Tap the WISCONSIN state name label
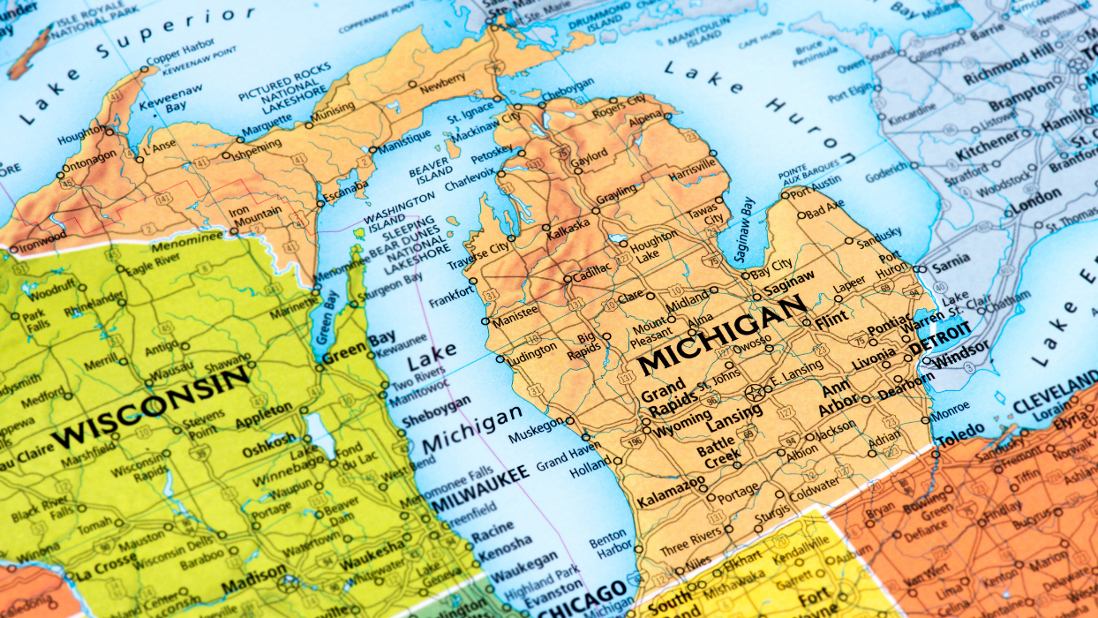pyautogui.click(x=151, y=407)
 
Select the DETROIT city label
pyautogui.click(x=940, y=338)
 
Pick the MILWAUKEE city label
pyautogui.click(x=480, y=486)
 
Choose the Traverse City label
pyautogui.click(x=479, y=256)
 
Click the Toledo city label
pyautogui.click(x=960, y=433)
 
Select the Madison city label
pyautogui.click(x=254, y=587)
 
